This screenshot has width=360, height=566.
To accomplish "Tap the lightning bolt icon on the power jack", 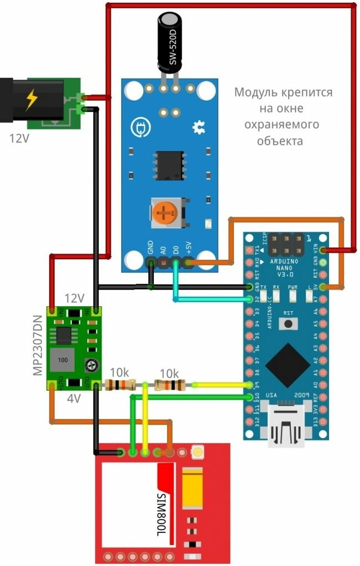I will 32,99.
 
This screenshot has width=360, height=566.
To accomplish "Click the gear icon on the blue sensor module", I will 199,128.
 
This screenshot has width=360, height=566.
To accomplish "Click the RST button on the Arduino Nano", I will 288,325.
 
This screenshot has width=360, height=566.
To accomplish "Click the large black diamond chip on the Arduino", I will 287,365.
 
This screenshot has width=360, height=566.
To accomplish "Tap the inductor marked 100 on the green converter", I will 62,360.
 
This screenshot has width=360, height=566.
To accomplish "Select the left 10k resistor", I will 120,385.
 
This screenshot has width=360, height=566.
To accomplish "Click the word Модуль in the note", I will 253,92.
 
